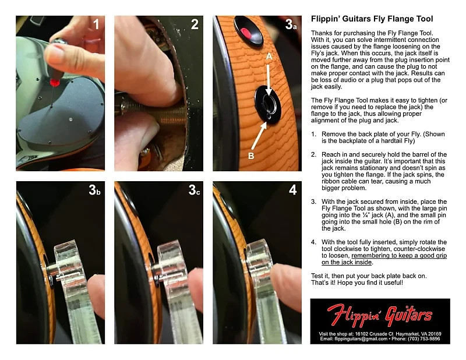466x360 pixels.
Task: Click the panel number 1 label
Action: click(96, 24)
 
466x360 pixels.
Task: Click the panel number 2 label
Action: click(195, 24)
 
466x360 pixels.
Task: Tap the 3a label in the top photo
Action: click(291, 25)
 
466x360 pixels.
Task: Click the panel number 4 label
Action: click(292, 190)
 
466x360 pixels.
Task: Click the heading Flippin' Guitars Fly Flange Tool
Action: click(372, 19)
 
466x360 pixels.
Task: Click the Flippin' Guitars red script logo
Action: click(380, 316)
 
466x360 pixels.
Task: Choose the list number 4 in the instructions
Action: click(315, 242)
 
